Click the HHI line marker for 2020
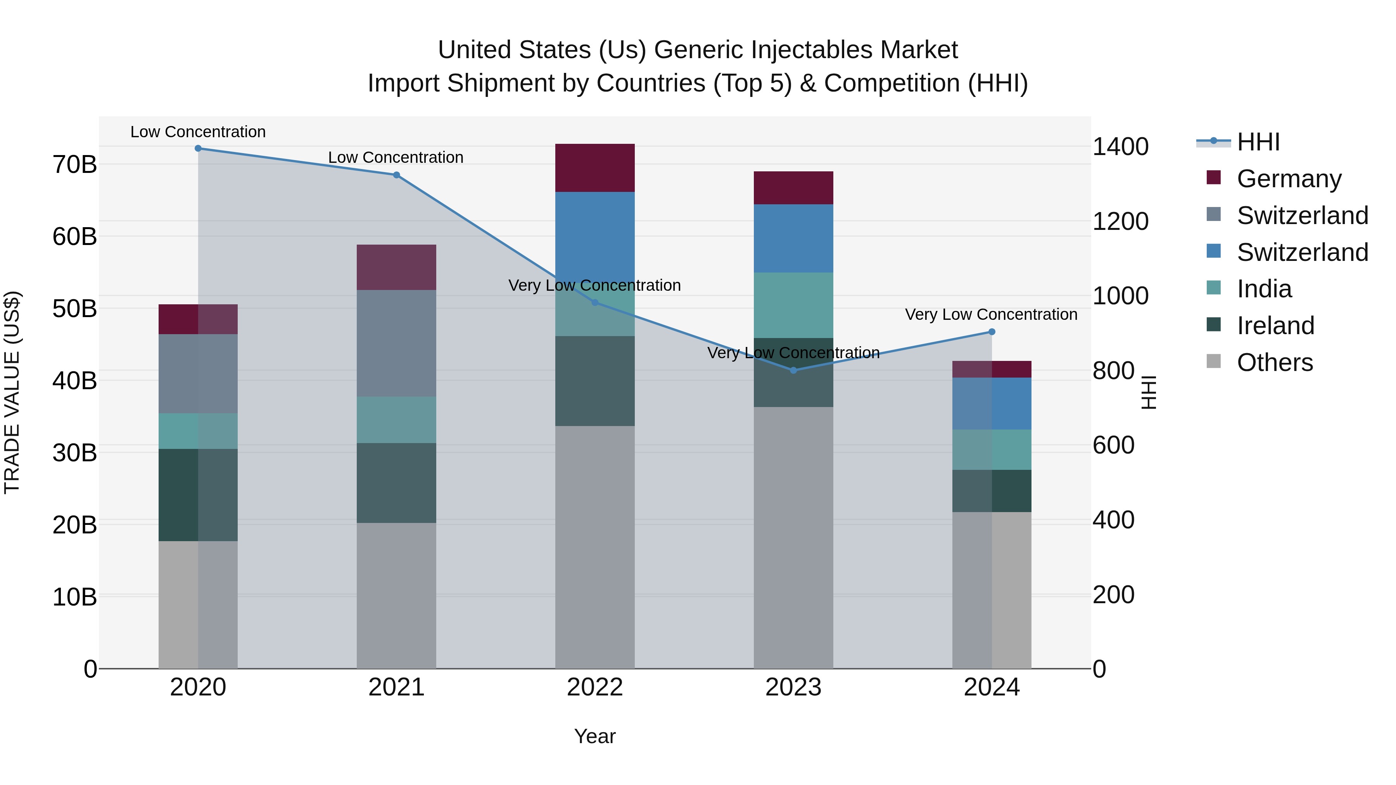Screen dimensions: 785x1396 198,148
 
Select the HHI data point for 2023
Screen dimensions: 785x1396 793,371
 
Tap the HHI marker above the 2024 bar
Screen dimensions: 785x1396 992,332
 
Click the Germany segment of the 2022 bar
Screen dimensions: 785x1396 594,168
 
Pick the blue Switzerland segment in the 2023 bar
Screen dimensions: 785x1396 793,238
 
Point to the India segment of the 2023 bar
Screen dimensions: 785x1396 793,305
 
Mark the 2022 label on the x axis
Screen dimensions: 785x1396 594,687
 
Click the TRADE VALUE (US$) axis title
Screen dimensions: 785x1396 12,392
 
